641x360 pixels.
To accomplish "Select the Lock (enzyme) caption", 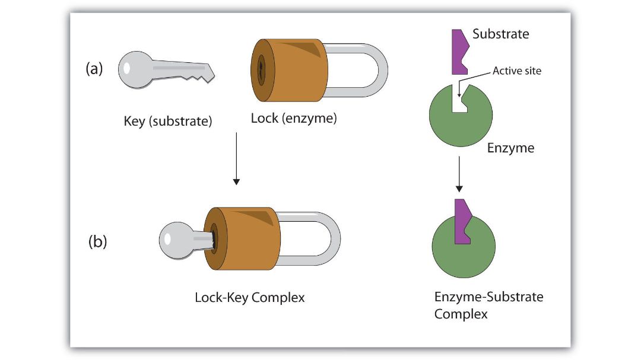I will (294, 118).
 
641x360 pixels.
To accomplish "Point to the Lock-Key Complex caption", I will (249, 297).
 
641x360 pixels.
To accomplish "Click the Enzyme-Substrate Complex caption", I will (488, 305).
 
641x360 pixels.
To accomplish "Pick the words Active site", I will (516, 71).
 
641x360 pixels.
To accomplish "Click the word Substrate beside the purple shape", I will (500, 34).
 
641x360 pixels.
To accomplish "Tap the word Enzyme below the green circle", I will (510, 148).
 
